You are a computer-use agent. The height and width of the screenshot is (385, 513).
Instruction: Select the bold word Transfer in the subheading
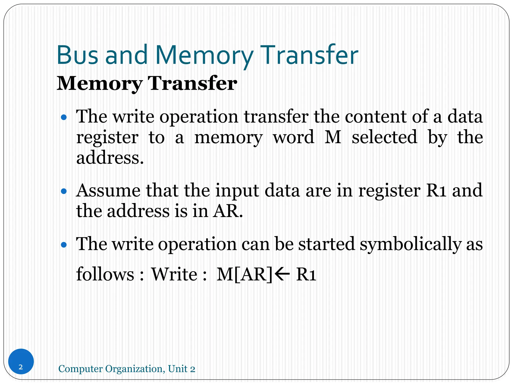coord(192,83)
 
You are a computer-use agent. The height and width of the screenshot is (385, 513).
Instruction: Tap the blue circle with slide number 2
coord(21,361)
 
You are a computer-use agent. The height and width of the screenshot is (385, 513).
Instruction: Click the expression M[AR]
coord(244,274)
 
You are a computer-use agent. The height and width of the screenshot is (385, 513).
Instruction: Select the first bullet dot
coord(64,117)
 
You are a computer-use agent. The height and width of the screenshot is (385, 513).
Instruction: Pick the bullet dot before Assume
coord(64,191)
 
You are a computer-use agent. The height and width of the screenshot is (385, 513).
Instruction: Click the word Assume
coord(108,190)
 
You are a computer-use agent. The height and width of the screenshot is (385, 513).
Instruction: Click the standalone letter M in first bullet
coord(333,137)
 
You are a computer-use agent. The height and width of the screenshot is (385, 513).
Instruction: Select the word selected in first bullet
coord(384,137)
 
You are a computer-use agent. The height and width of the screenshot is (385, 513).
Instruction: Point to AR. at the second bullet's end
coord(228,211)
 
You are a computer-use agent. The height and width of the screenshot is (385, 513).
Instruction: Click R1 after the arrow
coord(306,274)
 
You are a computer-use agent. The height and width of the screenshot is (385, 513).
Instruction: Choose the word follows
coord(105,274)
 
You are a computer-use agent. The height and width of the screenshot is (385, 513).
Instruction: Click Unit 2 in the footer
coord(181,369)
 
